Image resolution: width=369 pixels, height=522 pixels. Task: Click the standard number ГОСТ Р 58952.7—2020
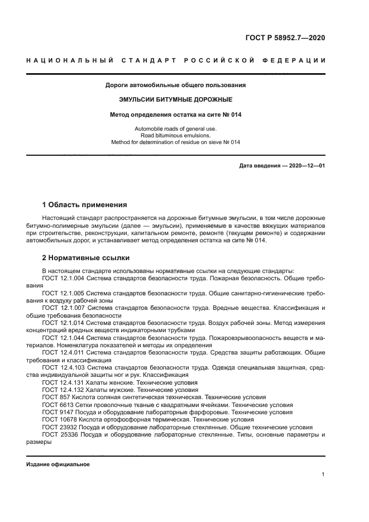tap(285, 38)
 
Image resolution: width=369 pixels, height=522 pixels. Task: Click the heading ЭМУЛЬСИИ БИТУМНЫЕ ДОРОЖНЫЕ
tap(176, 99)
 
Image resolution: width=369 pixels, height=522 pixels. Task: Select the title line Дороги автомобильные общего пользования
tap(176, 85)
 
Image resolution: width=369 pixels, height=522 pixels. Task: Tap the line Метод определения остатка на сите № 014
tap(176, 114)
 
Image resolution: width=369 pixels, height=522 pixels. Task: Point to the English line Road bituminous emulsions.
tap(176, 135)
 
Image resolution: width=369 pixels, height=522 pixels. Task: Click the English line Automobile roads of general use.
tap(176, 128)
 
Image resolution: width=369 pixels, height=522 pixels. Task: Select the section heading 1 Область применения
tap(85, 205)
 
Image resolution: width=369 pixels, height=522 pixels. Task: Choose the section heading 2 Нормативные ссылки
tap(86, 258)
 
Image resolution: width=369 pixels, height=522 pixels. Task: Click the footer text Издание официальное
tap(58, 464)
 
